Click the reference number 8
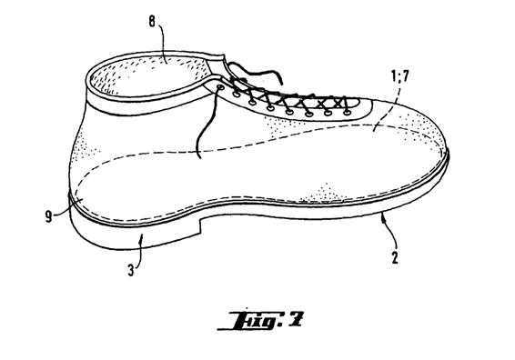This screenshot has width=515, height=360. tap(152, 22)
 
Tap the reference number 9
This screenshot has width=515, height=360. tap(48, 216)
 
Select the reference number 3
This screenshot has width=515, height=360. tap(131, 271)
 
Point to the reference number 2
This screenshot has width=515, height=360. tap(395, 257)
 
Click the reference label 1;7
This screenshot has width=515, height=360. tap(399, 76)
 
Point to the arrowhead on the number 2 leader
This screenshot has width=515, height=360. tap(383, 217)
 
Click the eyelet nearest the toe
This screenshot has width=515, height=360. tap(347, 113)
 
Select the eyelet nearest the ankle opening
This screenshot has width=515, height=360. tap(219, 86)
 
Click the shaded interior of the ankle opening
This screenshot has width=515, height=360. tap(151, 75)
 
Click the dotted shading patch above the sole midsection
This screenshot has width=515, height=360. tap(324, 194)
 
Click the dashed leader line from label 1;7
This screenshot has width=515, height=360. tap(388, 105)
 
